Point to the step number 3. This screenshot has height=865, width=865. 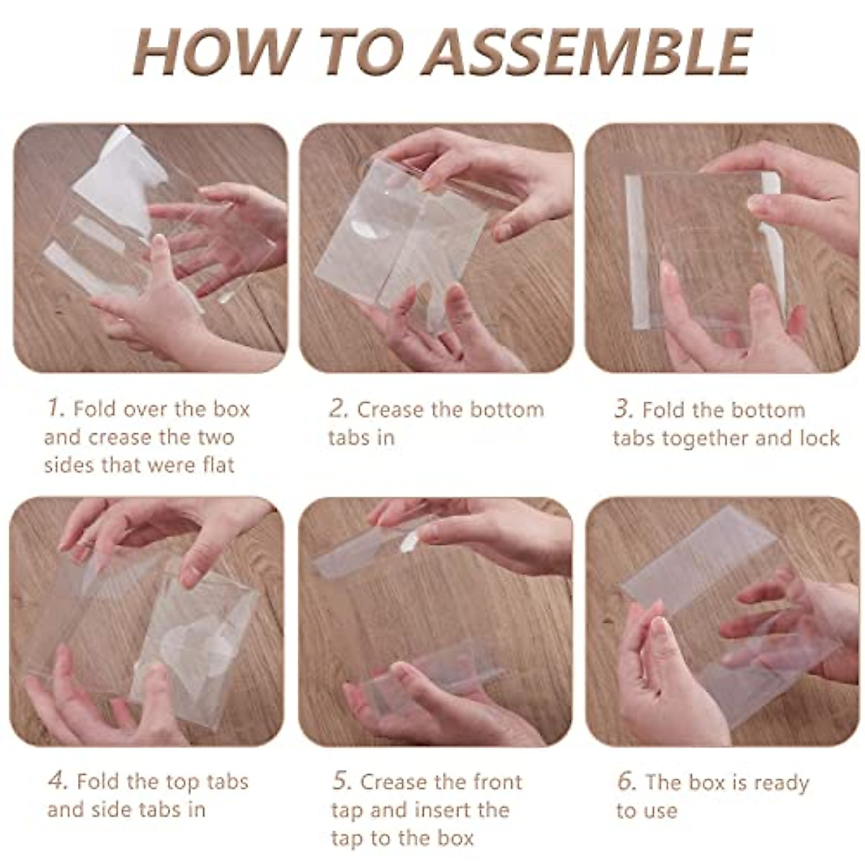click(x=624, y=409)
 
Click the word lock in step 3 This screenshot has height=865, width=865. click(x=820, y=438)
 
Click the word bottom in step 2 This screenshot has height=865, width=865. click(x=505, y=409)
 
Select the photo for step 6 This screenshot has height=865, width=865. click(x=722, y=621)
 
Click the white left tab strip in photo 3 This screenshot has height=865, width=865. click(x=636, y=252)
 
